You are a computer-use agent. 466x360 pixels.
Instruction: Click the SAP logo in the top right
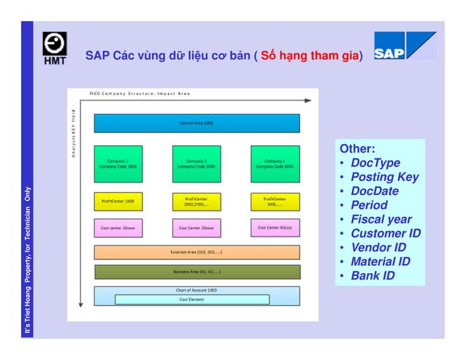pyautogui.click(x=405, y=46)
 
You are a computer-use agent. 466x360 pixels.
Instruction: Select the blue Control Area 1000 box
pyautogui.click(x=196, y=123)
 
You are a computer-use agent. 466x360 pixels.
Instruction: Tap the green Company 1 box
pyautogui.click(x=118, y=164)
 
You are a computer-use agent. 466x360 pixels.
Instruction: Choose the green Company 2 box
pyautogui.click(x=196, y=164)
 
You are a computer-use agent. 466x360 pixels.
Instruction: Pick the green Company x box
pyautogui.click(x=275, y=164)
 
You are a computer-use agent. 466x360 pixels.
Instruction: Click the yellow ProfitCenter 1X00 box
pyautogui.click(x=118, y=200)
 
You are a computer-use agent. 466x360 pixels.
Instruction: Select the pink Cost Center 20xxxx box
pyautogui.click(x=196, y=227)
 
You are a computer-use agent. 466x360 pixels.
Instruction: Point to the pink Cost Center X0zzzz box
pyautogui.click(x=275, y=227)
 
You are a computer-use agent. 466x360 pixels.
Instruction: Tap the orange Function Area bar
pyautogui.click(x=196, y=252)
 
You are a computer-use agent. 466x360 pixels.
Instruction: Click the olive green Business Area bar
pyautogui.click(x=196, y=272)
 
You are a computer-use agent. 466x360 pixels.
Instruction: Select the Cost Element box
pyautogui.click(x=192, y=299)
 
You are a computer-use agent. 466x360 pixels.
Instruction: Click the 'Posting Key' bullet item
pyautogui.click(x=384, y=177)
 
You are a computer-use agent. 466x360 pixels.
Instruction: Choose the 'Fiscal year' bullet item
pyautogui.click(x=381, y=219)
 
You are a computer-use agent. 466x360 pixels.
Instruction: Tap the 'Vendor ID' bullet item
pyautogui.click(x=378, y=248)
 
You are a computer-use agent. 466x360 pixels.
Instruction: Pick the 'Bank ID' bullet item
pyautogui.click(x=373, y=275)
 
